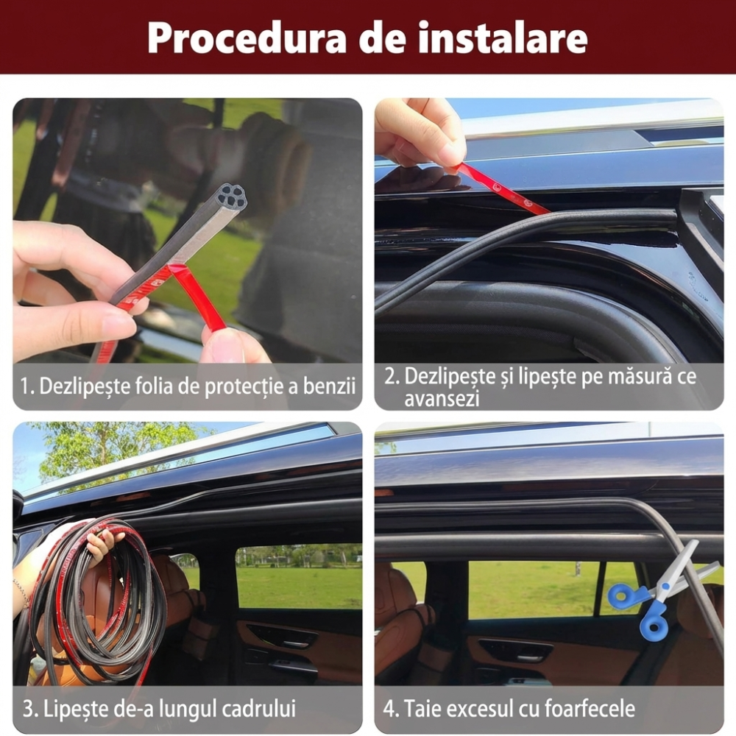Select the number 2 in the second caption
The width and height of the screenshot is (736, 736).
tap(390, 378)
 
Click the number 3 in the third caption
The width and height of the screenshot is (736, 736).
tap(28, 710)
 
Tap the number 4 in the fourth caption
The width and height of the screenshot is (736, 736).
tap(390, 710)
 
